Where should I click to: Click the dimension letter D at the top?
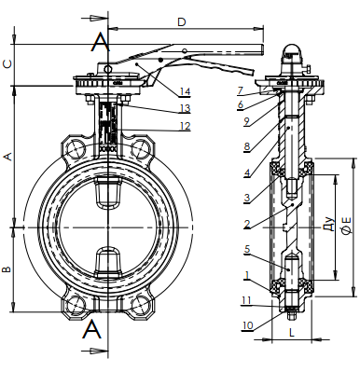[182, 22]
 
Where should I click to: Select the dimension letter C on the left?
[7, 63]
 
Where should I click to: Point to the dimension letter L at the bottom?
[292, 333]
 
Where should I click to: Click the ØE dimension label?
[347, 225]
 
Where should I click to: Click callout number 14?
[185, 91]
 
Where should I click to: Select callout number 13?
[185, 108]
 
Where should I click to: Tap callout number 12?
[185, 126]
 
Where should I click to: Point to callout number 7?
[240, 90]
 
